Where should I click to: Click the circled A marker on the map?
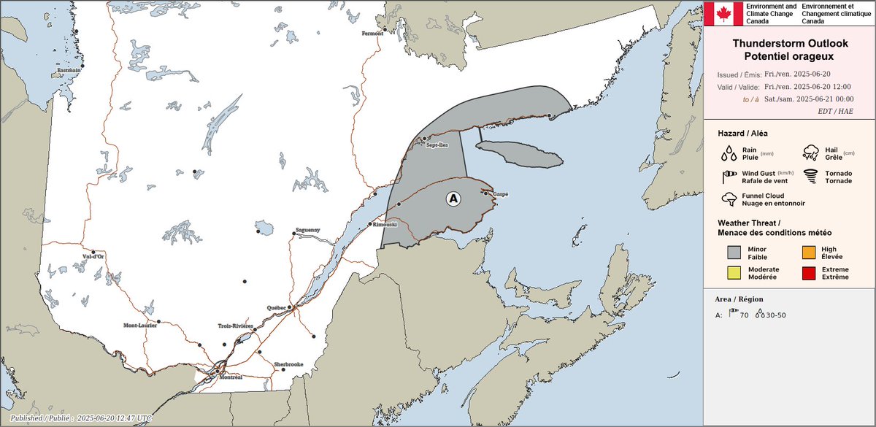[x=453, y=198]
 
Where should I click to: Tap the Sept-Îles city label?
[x=438, y=145]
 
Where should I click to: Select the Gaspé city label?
[x=500, y=194]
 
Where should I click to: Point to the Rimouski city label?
[x=385, y=225]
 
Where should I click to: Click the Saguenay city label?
[x=309, y=229]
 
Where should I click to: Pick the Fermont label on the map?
[x=372, y=34]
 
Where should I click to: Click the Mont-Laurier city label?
[x=140, y=325]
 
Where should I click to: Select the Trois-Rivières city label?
[x=236, y=326]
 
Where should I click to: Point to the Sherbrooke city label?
[x=288, y=363]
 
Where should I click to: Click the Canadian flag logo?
[x=723, y=13]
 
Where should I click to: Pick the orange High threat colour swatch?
[x=809, y=253]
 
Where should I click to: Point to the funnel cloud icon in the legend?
[x=729, y=199]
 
